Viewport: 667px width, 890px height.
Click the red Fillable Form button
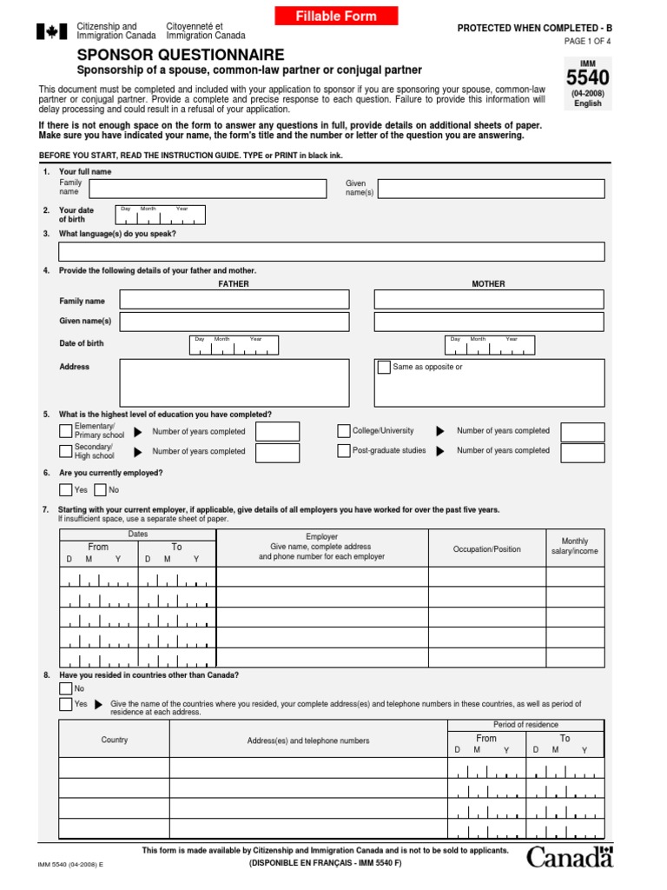[x=336, y=16]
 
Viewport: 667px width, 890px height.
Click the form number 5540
[x=587, y=78]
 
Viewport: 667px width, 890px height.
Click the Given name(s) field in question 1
[x=491, y=189]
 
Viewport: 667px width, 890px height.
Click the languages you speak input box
[x=331, y=252]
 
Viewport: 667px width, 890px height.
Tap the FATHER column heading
[x=234, y=284]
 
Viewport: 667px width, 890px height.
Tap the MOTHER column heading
[x=488, y=284]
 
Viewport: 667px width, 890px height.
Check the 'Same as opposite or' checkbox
[x=384, y=367]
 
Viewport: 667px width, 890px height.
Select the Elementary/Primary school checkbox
[x=66, y=431]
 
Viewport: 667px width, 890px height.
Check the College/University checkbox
[x=344, y=431]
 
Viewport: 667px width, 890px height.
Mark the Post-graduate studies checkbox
[x=344, y=450]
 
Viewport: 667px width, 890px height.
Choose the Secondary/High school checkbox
[x=66, y=451]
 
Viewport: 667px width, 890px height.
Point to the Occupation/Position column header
[x=487, y=549]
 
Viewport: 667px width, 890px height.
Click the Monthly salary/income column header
[x=575, y=546]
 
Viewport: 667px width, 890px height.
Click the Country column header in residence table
[x=114, y=740]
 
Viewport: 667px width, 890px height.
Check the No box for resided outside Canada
[x=66, y=688]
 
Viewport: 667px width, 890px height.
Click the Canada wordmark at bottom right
[x=570, y=857]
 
